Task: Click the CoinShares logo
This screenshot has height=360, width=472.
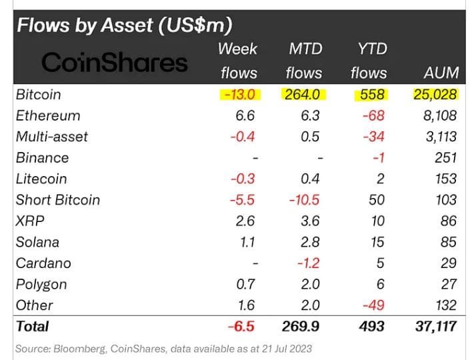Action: point(115,63)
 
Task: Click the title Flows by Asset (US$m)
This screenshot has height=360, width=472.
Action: point(124,26)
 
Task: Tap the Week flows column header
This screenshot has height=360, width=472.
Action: point(237,61)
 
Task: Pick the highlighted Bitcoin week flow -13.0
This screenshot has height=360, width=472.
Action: point(239,95)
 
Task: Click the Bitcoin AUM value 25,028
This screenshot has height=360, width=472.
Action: point(433,95)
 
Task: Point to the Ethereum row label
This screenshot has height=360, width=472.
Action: point(48,115)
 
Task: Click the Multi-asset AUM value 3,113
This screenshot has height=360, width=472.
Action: point(439,137)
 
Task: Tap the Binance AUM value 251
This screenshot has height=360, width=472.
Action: point(444,158)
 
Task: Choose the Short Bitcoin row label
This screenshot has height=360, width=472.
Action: point(58,200)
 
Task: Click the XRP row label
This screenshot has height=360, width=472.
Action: point(29,221)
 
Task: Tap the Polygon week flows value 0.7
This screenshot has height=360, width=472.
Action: point(245,284)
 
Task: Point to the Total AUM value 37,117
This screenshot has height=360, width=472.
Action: point(433,327)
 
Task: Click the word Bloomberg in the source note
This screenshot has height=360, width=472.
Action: point(83,349)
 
